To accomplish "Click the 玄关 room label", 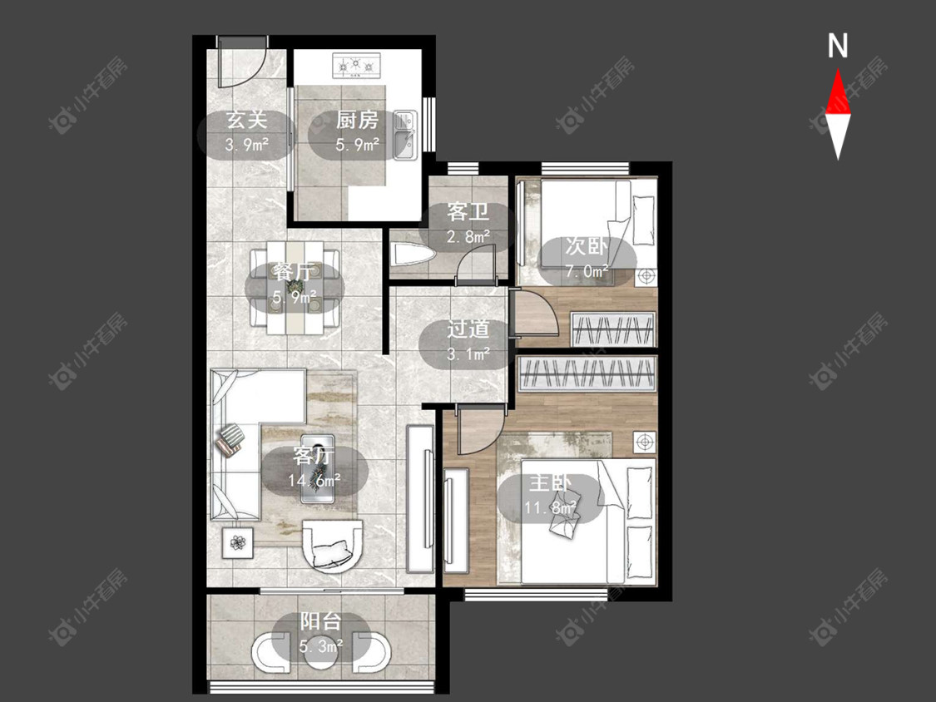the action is [246, 120].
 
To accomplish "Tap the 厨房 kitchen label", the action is [357, 120].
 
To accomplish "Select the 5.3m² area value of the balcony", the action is [321, 645].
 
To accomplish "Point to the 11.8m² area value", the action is [551, 507].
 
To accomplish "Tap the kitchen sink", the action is [405, 136].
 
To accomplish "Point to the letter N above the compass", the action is [838, 46].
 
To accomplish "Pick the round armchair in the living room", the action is [333, 546].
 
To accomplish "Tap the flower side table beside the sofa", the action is [238, 542].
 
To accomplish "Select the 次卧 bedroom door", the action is [535, 316].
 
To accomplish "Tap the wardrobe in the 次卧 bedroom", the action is [613, 329].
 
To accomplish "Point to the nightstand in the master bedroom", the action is [643, 442].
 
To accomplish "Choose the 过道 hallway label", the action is [468, 329].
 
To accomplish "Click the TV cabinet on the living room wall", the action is [420, 498].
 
